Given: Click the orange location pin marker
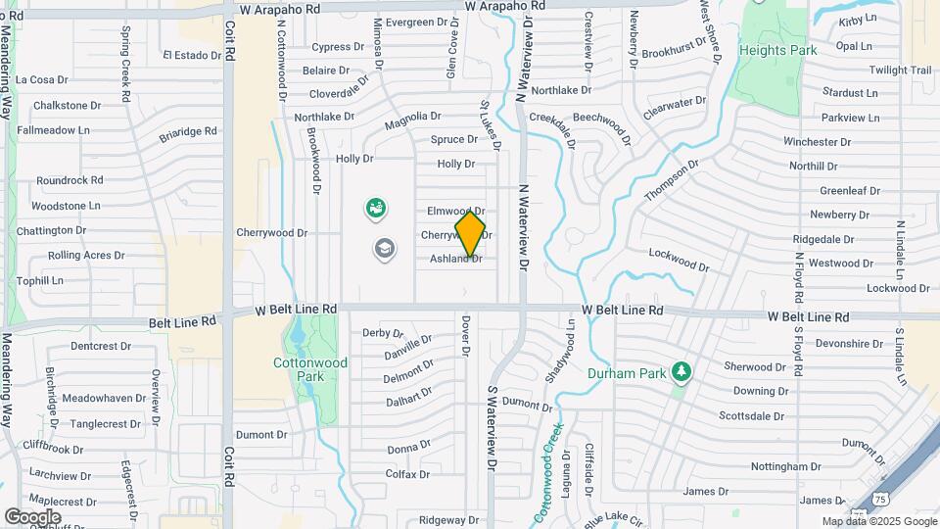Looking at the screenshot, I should tap(470, 233).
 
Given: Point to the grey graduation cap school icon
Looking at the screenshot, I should tap(385, 249).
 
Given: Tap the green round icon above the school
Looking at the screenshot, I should tap(375, 208).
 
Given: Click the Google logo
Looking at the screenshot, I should tap(32, 516).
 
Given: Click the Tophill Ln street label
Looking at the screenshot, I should tap(40, 280).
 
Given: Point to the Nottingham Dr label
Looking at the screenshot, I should tap(786, 467).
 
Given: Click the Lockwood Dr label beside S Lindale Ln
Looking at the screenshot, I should tap(897, 288).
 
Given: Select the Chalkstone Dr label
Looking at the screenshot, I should tap(68, 105).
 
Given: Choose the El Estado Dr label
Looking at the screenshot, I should tap(194, 55).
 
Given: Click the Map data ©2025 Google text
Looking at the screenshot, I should tap(878, 521).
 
